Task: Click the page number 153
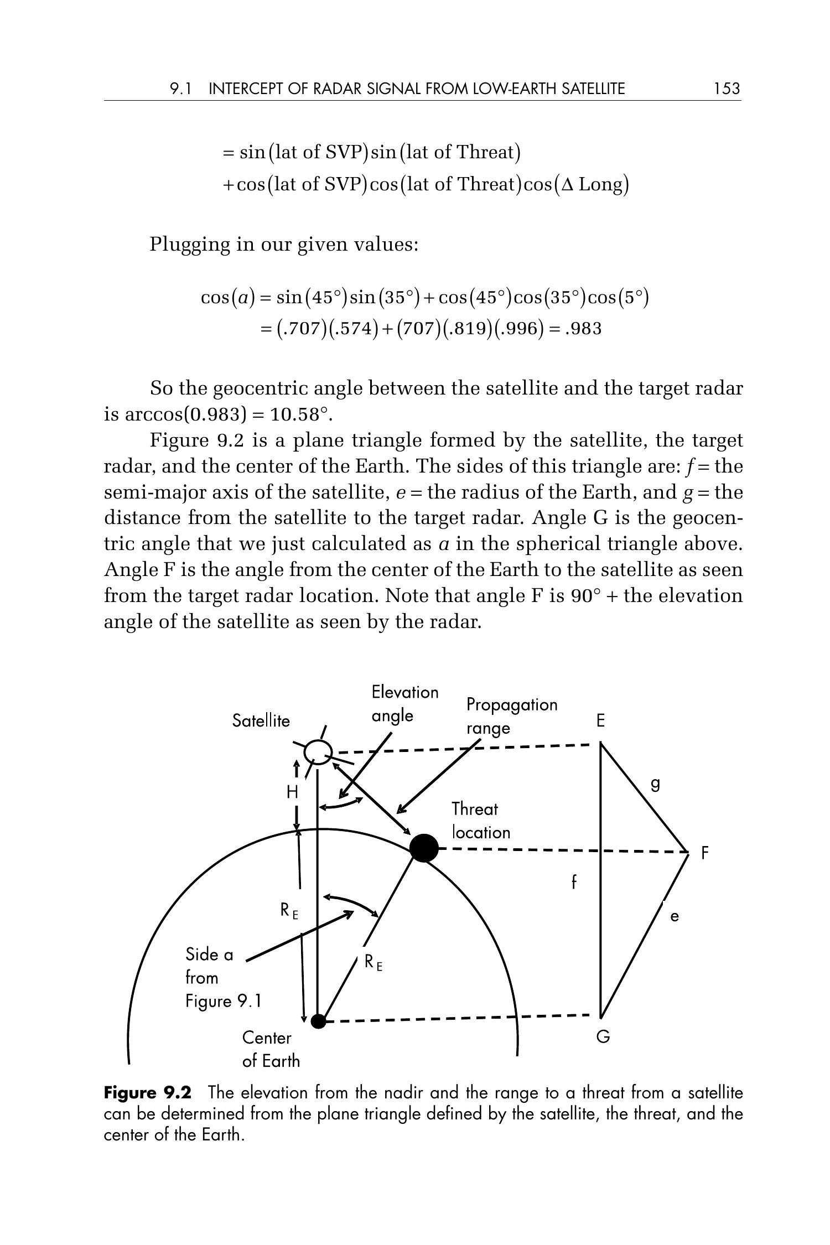click(727, 89)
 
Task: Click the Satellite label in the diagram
click(261, 721)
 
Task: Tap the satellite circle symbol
click(318, 751)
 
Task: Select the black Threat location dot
click(424, 848)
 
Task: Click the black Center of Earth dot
click(318, 1021)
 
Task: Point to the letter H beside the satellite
click(292, 792)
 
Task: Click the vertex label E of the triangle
click(600, 721)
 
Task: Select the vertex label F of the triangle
click(704, 853)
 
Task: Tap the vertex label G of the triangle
click(603, 1037)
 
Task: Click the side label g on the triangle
click(655, 784)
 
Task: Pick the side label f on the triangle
click(574, 881)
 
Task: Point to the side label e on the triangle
click(674, 917)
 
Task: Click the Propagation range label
click(511, 716)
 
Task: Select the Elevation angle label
click(404, 704)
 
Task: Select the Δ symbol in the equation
click(567, 185)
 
